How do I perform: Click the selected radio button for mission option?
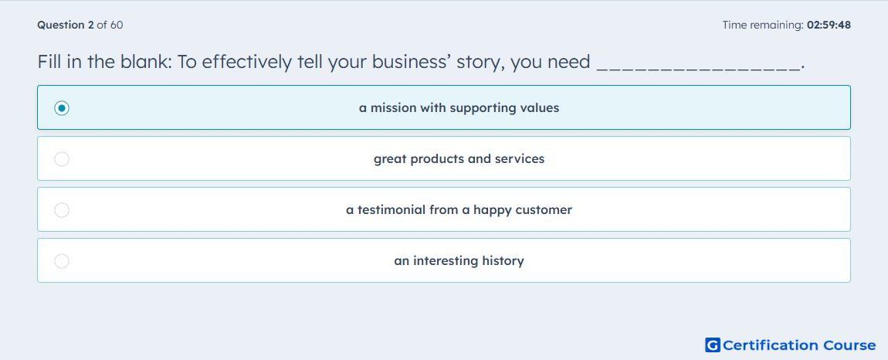click(x=62, y=107)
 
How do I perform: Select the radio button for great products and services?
click(x=62, y=159)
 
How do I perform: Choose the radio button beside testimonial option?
click(x=62, y=210)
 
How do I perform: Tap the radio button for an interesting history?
click(x=62, y=261)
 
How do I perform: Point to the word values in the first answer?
click(x=539, y=107)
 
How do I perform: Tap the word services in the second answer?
click(x=520, y=159)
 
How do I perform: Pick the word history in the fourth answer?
click(x=503, y=261)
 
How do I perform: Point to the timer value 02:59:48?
click(x=829, y=25)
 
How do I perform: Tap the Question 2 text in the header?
click(x=66, y=25)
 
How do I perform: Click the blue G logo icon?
click(x=713, y=345)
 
